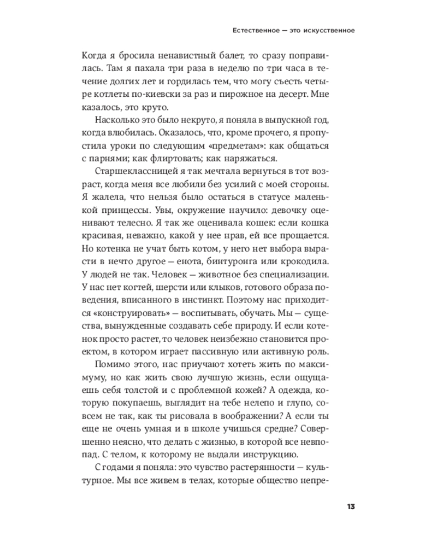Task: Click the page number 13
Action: [351, 505]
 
